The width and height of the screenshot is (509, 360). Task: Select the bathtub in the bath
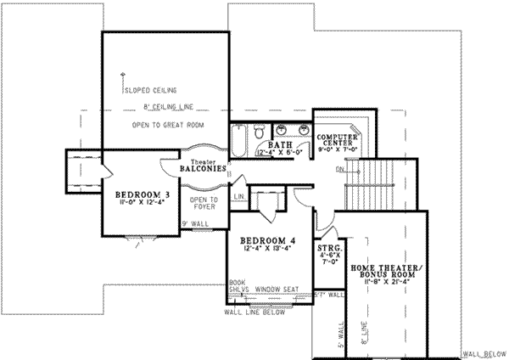tap(240, 138)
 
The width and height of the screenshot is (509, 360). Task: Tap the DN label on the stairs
tap(340, 168)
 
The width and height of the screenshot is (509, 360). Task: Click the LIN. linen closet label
tap(240, 196)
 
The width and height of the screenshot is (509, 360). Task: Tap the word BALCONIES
tap(203, 170)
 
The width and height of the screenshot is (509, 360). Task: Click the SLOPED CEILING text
tap(149, 88)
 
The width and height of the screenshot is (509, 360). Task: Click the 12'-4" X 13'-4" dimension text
tap(265, 249)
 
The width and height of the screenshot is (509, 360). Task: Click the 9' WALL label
tap(192, 224)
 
